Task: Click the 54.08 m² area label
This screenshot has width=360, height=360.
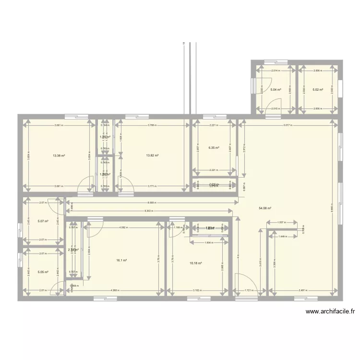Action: (265, 208)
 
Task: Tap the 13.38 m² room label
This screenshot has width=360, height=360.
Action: (59, 156)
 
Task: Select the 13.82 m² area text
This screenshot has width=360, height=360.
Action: (152, 156)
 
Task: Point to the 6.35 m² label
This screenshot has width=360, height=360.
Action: (214, 148)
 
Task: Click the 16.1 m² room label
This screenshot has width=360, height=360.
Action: (121, 261)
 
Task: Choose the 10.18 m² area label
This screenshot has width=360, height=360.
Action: (196, 263)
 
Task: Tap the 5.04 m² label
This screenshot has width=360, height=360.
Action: (275, 90)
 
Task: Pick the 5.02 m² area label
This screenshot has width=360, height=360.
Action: (317, 90)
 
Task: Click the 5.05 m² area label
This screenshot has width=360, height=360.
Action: (43, 272)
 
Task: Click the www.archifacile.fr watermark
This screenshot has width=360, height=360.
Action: (330, 312)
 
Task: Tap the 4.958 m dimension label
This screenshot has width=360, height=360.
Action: (114, 290)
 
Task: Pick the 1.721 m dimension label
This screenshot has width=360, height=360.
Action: (247, 290)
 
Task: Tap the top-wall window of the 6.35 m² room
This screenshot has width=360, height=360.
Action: (210, 116)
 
